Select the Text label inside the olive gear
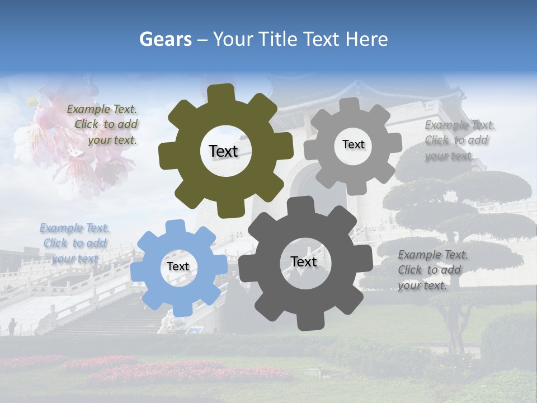point(223,151)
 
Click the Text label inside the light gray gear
point(353,144)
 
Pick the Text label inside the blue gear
point(178,267)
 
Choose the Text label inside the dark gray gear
point(304,262)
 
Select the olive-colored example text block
point(102,125)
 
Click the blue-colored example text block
point(74,243)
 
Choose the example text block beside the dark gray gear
point(432,270)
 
